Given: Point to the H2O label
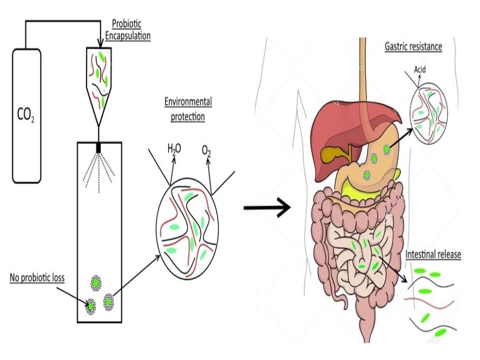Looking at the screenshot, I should (174, 150).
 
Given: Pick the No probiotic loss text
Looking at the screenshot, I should (37, 278).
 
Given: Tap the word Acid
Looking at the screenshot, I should (420, 70).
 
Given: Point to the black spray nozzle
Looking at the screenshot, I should (98, 148).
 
